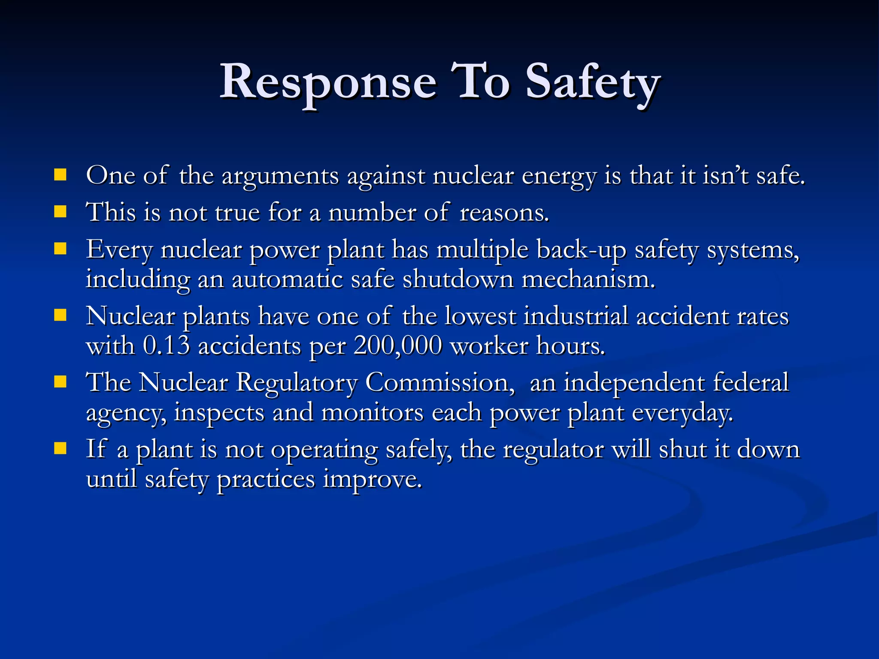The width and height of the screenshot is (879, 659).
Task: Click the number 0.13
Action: [166, 346]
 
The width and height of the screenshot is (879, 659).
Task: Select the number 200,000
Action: [397, 346]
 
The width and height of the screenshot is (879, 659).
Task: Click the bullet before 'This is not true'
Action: [61, 212]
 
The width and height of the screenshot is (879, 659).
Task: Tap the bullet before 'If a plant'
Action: [61, 449]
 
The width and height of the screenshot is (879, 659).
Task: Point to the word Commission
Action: [439, 383]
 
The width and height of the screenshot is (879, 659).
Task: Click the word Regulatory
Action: [297, 383]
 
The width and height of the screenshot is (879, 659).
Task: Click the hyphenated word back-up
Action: [581, 250]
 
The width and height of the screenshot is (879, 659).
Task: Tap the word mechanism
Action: [588, 280]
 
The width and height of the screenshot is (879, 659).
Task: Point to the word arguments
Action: [280, 176]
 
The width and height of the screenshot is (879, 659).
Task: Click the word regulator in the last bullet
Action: [553, 450]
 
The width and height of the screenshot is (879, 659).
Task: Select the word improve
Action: [373, 480]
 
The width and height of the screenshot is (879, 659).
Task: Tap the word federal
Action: [751, 383]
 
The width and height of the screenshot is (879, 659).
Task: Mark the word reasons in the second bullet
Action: [504, 213]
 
